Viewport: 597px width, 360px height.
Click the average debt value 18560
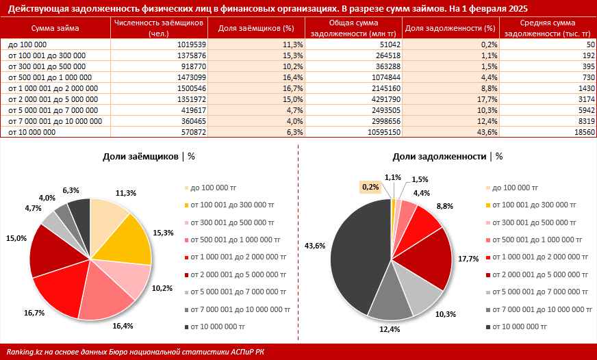click(584, 131)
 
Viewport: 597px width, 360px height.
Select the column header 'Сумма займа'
click(55, 29)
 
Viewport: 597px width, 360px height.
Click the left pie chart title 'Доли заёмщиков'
click(141, 156)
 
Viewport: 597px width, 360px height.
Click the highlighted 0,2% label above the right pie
click(370, 186)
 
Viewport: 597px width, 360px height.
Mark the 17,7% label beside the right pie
click(469, 259)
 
